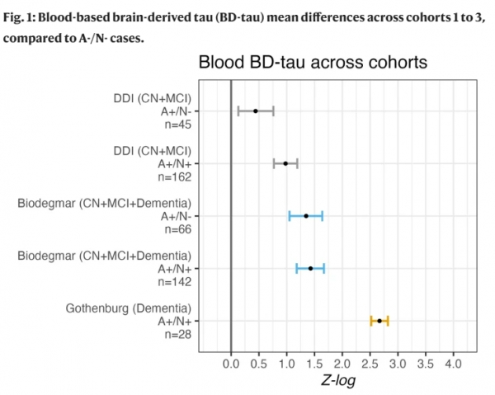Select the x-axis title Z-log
point(341,382)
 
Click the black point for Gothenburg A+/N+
point(379,321)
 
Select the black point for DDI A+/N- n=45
point(256,111)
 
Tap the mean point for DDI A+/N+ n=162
point(285,163)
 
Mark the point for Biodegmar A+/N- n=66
point(306,216)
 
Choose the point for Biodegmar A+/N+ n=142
point(311,268)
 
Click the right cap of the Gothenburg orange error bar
point(388,321)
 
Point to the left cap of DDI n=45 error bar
point(238,111)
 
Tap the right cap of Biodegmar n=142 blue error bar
point(324,268)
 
